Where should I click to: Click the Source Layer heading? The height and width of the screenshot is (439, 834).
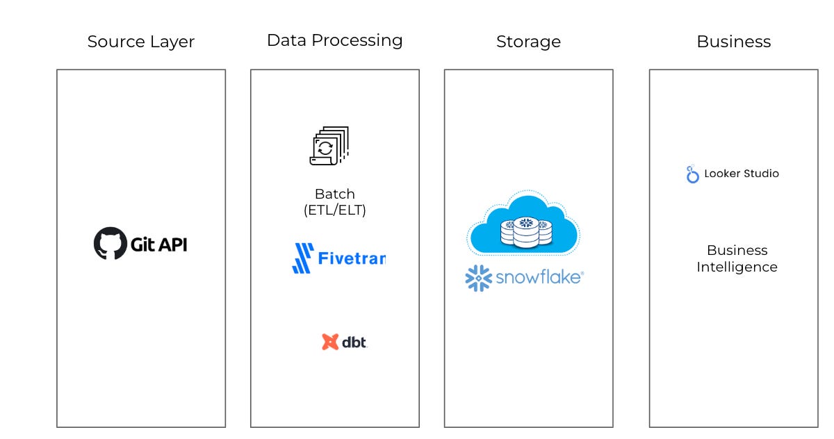[x=140, y=42]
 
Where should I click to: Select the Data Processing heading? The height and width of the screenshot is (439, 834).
[x=334, y=40]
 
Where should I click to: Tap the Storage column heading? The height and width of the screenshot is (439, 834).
[x=528, y=42]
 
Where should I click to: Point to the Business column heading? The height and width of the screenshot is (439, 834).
[x=733, y=42]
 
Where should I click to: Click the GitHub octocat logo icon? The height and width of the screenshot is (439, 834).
[x=111, y=243]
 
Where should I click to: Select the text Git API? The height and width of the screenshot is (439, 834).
[x=158, y=244]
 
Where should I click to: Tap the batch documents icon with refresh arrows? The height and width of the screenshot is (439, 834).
[x=328, y=146]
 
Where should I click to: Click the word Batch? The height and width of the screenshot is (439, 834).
[x=334, y=194]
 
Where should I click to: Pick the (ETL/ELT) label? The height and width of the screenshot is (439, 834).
[x=334, y=210]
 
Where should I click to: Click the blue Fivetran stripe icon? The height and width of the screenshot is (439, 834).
[x=302, y=258]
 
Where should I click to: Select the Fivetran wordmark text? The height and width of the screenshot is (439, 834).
[x=351, y=258]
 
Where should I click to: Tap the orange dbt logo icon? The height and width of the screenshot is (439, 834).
[x=330, y=342]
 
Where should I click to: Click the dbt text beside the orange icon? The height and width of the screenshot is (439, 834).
[x=354, y=342]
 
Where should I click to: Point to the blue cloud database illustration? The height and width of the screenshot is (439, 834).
[x=524, y=224]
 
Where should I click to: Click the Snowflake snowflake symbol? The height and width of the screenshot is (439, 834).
[x=478, y=278]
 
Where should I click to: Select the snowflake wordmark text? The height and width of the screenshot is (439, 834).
[x=539, y=278]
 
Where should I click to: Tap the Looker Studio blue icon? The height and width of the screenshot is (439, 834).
[x=692, y=174]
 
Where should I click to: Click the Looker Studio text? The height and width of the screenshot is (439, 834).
[x=742, y=174]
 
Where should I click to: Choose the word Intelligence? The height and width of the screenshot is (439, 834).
[x=737, y=267]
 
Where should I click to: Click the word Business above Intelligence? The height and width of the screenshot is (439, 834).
[x=737, y=250]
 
